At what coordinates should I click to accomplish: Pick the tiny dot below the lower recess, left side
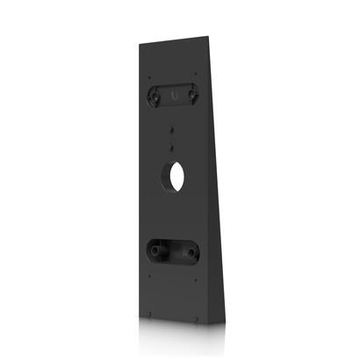coord(149,279)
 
